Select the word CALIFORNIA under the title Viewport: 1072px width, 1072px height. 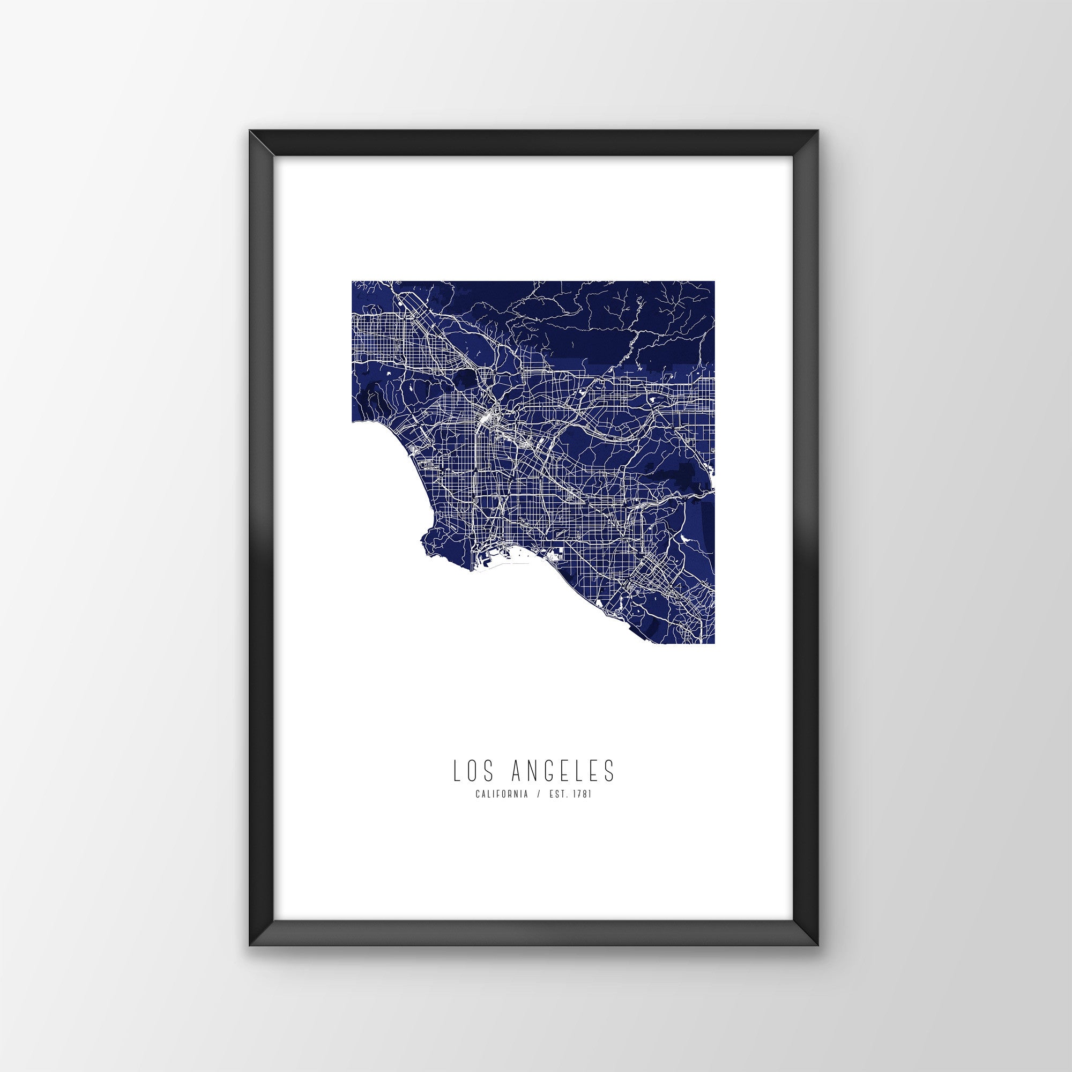point(501,795)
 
